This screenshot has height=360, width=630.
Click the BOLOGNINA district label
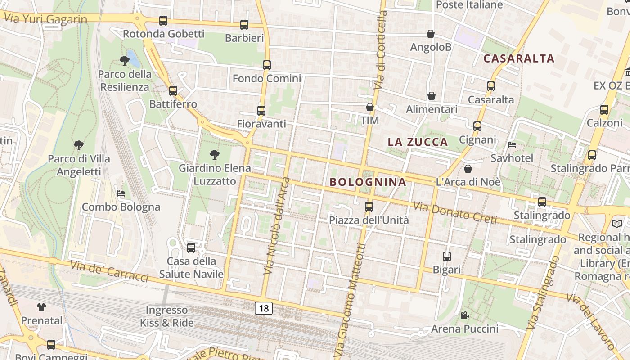[x=368, y=182]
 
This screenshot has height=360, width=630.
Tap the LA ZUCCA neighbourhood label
[x=418, y=142]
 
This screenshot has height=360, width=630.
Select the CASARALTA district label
[x=519, y=58]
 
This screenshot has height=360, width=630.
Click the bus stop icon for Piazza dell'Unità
[x=369, y=207]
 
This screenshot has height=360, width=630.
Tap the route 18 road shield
[x=264, y=308]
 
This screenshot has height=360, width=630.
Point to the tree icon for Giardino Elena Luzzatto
[x=215, y=155]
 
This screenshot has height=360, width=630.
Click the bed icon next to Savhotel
[x=512, y=145]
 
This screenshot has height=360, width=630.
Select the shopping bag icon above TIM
[x=370, y=107]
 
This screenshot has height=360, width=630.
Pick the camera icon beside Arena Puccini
[x=465, y=315]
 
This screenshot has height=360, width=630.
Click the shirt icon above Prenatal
[x=41, y=307]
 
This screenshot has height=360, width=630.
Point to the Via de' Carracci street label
[x=109, y=270]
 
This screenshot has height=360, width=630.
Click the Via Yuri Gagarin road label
[x=46, y=18]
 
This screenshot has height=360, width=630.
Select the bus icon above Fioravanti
[x=261, y=111]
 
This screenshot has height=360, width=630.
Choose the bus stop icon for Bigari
[x=447, y=256]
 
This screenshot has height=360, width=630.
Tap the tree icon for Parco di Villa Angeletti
[x=79, y=145]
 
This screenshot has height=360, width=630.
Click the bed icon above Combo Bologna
[x=121, y=193]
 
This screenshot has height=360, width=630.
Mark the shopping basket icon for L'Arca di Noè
[x=468, y=169]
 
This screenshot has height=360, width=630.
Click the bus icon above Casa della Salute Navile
[x=191, y=248]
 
